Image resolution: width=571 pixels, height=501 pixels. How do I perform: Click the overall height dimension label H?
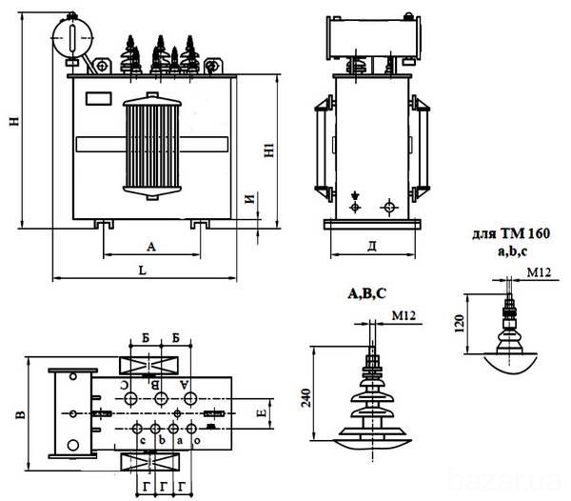[x=12, y=121]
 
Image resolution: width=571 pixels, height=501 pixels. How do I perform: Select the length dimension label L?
[x=141, y=272]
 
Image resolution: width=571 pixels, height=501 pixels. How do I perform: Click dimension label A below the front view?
[x=151, y=246]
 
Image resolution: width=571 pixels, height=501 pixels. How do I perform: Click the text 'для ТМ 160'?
[x=512, y=232]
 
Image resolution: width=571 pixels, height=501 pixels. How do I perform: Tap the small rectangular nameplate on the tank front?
[x=98, y=96]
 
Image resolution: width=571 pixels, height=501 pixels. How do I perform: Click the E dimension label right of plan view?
[x=261, y=412]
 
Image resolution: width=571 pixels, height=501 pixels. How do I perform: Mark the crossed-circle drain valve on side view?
[x=388, y=207]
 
